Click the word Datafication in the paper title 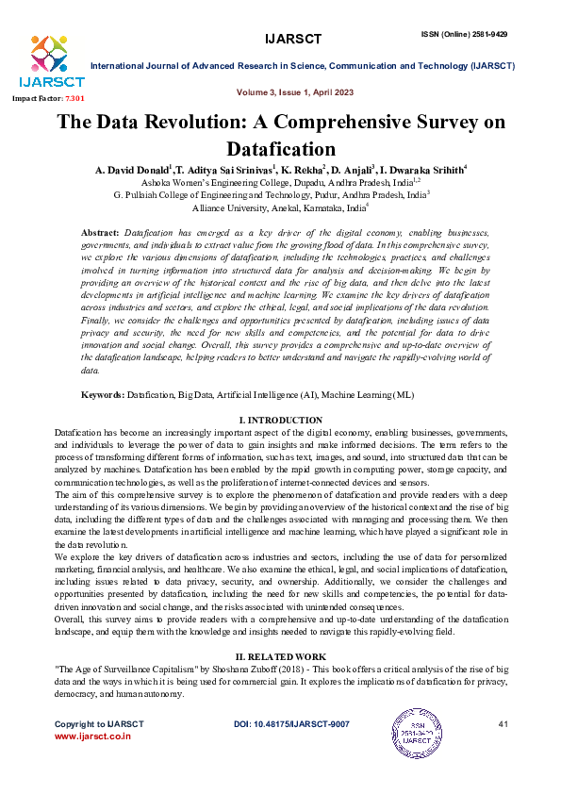click(280, 148)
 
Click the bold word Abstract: click(100, 232)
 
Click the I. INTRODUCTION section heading click(280, 419)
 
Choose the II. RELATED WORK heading click(280, 654)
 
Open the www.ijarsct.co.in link click(92, 736)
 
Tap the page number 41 click(502, 723)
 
